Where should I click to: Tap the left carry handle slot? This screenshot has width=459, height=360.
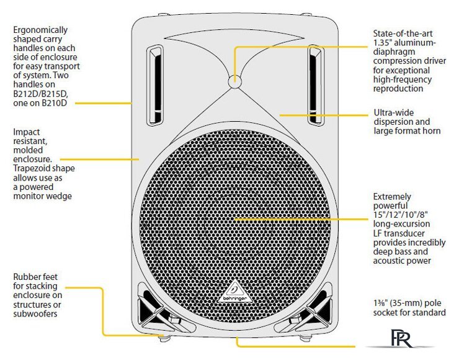pos(155,86)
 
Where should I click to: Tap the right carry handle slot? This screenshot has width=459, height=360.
pos(316,86)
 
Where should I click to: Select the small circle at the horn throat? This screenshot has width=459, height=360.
pos(234,81)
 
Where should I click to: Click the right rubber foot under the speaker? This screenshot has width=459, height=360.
pos(305,338)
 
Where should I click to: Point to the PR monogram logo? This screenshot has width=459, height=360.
pos(402,339)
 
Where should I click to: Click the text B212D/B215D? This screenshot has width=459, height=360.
pos(40,94)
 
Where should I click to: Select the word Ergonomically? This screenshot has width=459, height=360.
pos(40,30)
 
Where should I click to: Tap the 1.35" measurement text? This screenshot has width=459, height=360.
pos(381,42)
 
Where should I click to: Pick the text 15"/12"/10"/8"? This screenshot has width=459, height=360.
pos(401,215)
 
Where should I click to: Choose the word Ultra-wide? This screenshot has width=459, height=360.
pos(394,113)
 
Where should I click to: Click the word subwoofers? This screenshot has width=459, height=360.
pos(35,313)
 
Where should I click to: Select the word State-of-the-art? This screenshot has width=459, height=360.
pos(403,34)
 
